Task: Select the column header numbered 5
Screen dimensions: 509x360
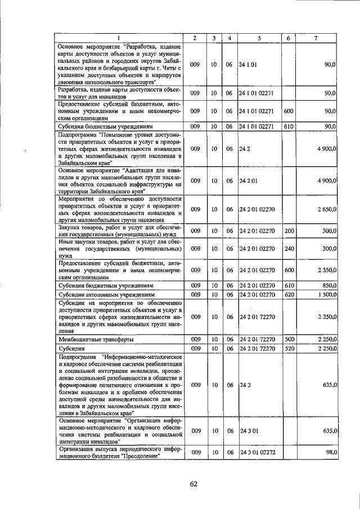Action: point(259,38)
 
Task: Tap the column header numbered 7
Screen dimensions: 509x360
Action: point(317,38)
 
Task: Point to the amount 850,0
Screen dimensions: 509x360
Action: point(328,286)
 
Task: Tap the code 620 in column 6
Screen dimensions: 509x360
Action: point(289,294)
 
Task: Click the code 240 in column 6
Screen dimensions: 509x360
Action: point(289,248)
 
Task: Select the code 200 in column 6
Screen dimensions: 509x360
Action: point(289,231)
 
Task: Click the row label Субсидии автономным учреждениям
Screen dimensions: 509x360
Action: point(103,294)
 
